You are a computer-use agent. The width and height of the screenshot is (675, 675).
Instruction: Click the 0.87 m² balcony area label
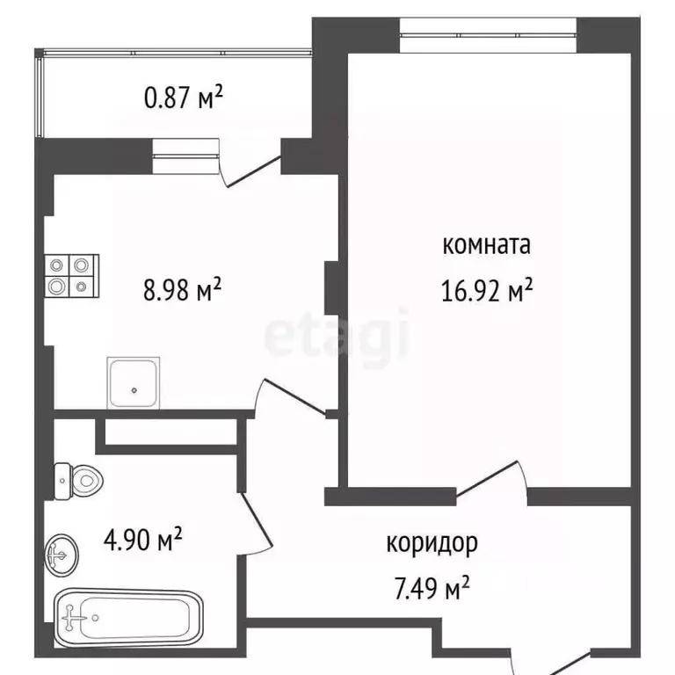click(184, 99)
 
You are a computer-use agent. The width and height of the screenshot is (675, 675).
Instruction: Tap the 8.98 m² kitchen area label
click(182, 289)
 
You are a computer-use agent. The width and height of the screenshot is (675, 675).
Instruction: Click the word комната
click(487, 245)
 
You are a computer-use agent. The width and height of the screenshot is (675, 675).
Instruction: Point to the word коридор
click(432, 544)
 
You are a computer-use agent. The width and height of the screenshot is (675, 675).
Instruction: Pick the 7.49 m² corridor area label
click(430, 586)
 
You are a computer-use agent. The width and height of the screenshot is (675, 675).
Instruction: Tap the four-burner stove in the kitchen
click(71, 275)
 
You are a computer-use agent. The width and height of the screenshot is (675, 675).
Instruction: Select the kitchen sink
click(134, 381)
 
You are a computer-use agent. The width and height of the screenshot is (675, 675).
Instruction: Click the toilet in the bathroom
click(78, 479)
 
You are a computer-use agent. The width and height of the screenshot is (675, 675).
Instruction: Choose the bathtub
click(129, 618)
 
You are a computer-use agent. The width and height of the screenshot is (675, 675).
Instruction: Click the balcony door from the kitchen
click(250, 167)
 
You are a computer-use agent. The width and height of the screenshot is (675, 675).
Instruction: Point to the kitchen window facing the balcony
click(185, 156)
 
